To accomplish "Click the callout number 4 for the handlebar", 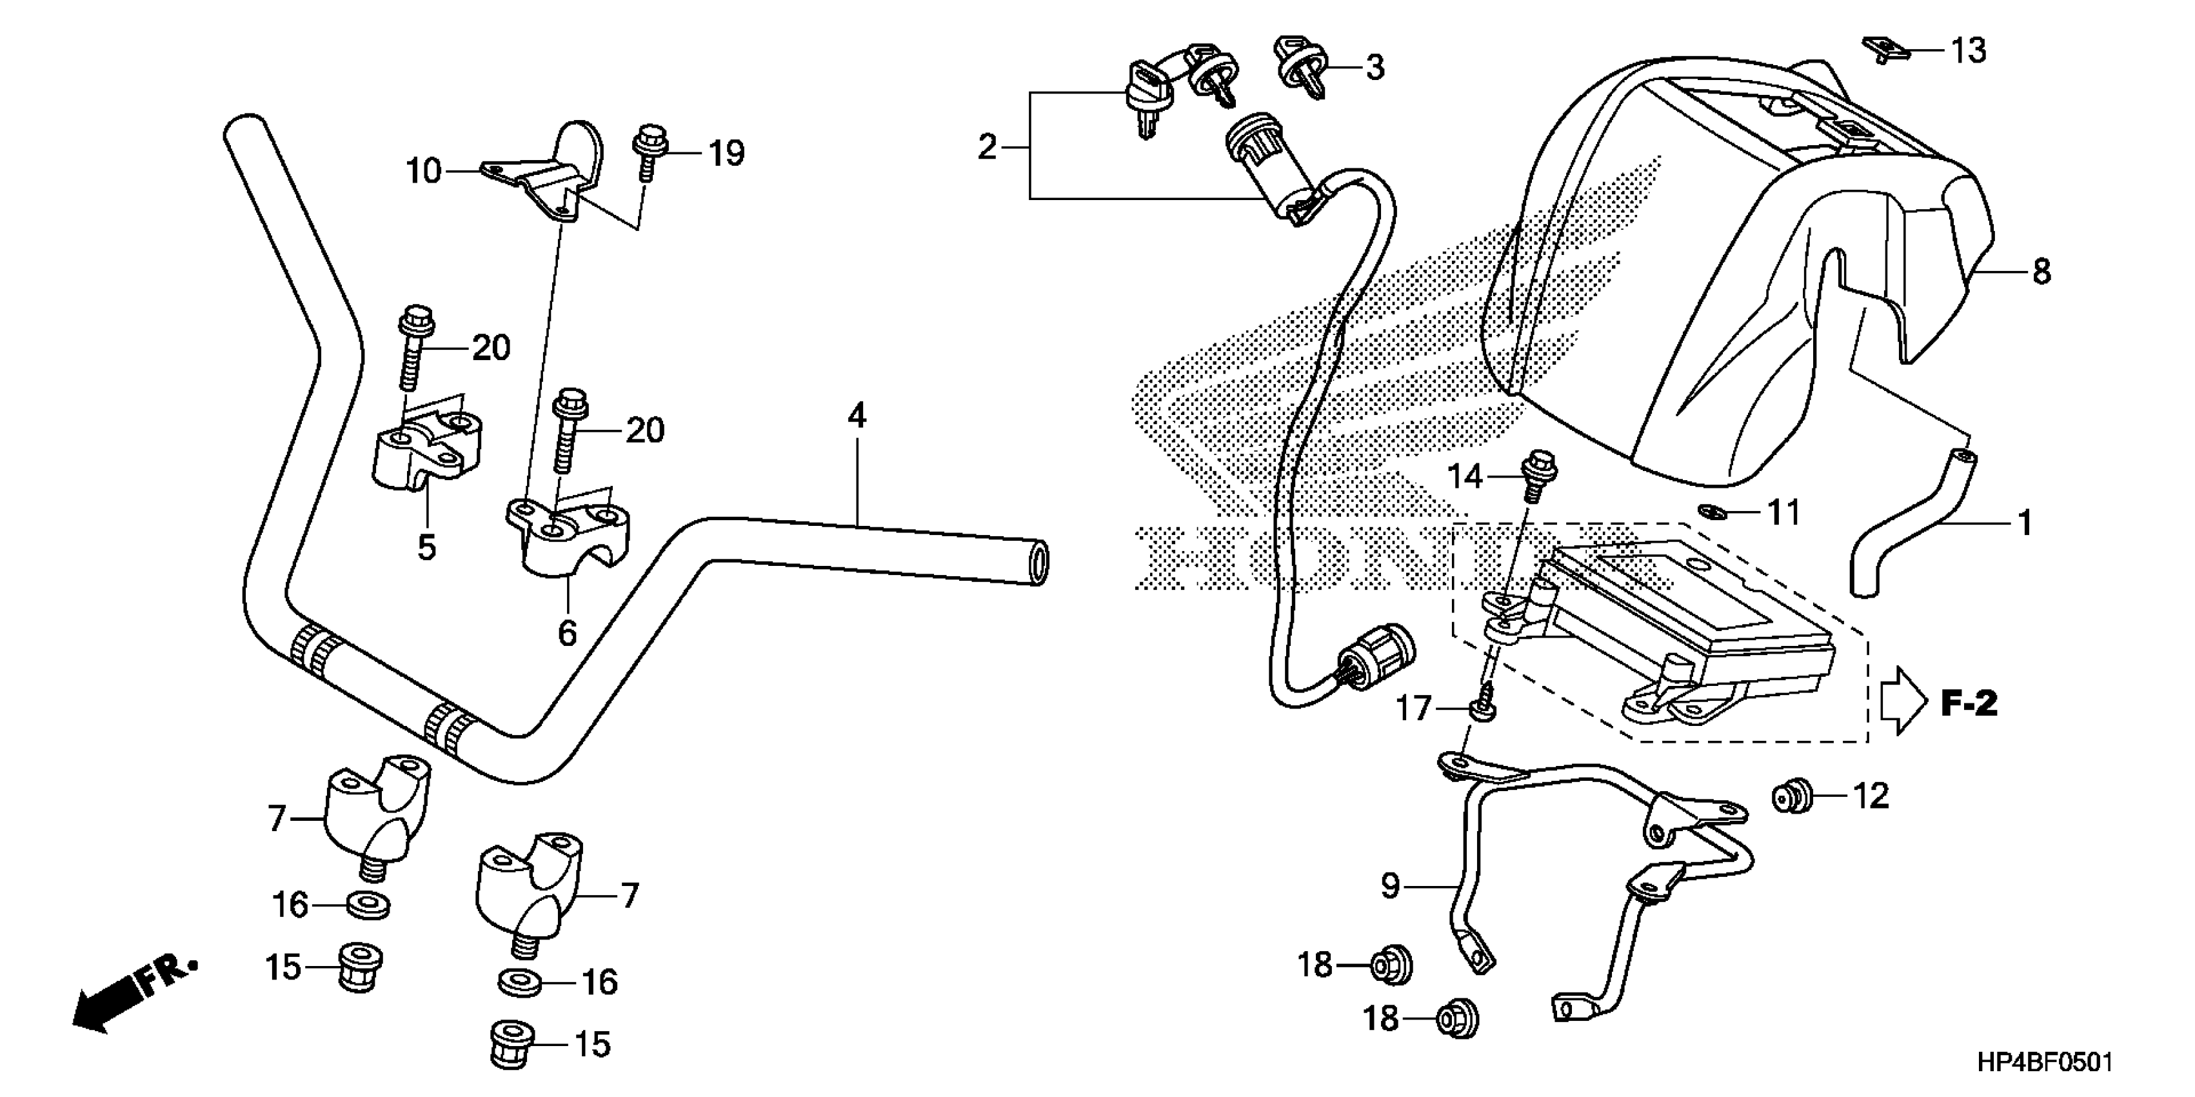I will pos(857,416).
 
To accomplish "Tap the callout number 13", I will pos(1969,51).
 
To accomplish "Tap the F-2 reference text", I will pos(1969,704).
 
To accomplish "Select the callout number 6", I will pos(566,632).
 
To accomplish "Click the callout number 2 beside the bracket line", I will pos(987,148).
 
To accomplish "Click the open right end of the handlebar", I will pos(1038,564).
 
